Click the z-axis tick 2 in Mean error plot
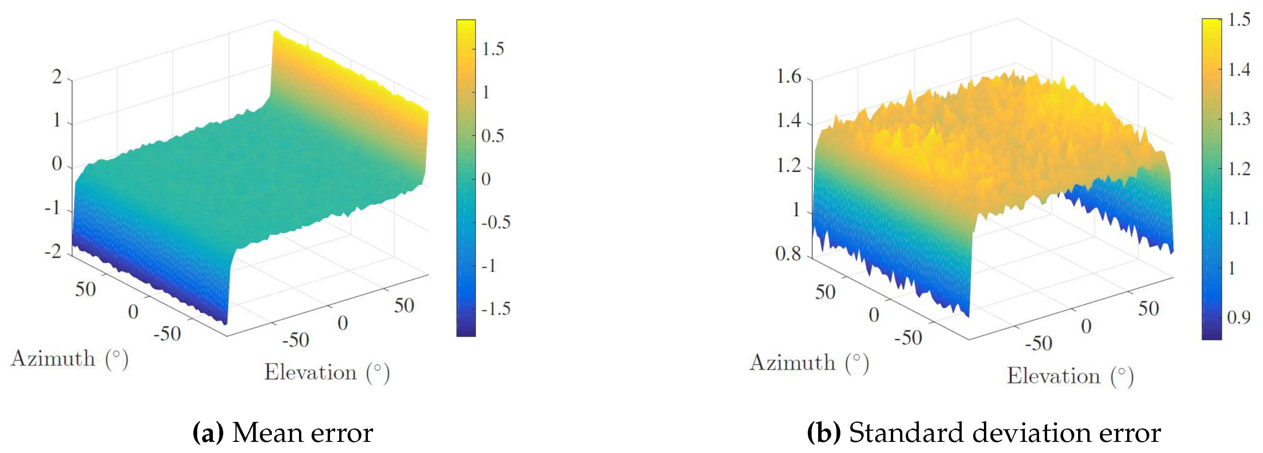[x=57, y=77]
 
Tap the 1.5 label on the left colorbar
[x=493, y=49]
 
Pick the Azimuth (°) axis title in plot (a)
[x=70, y=359]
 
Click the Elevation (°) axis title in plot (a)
[x=327, y=373]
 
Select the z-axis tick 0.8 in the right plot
[x=788, y=254]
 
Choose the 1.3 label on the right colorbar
[x=1238, y=119]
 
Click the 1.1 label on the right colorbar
[x=1238, y=218]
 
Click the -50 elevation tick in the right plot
[x=1038, y=343]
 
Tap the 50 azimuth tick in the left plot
[x=85, y=290]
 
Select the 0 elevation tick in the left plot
[x=343, y=323]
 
